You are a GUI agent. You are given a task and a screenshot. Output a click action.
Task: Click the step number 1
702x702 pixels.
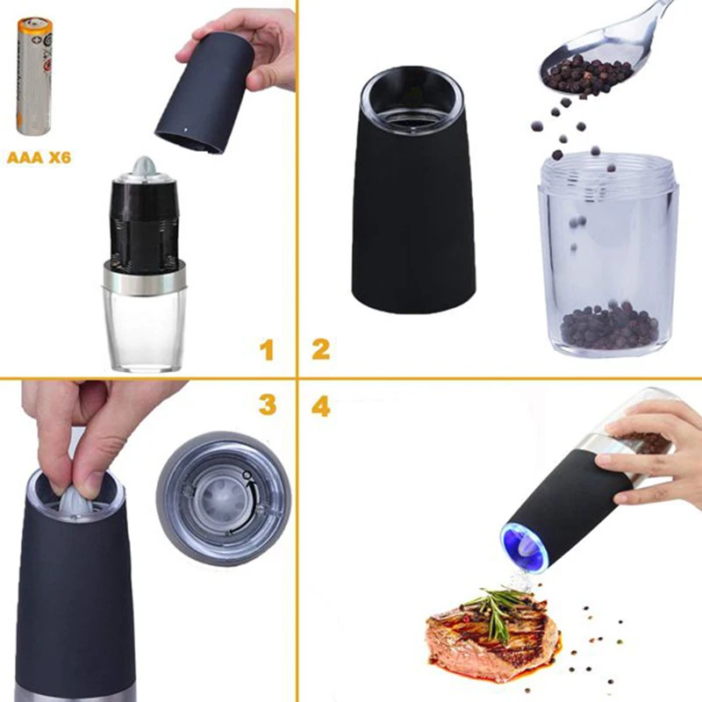(x=267, y=351)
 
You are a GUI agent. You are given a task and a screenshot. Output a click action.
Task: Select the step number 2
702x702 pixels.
(x=320, y=349)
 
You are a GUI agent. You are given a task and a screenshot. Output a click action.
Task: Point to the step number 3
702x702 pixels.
(x=267, y=405)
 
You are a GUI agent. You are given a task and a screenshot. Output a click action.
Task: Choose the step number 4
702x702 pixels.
(x=320, y=406)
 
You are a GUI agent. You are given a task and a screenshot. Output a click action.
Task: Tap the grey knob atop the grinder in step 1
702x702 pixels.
(x=144, y=167)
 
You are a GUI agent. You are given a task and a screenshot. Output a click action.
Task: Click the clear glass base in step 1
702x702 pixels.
(x=143, y=329)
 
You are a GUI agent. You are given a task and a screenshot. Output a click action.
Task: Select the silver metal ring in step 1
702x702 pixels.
(x=143, y=279)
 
